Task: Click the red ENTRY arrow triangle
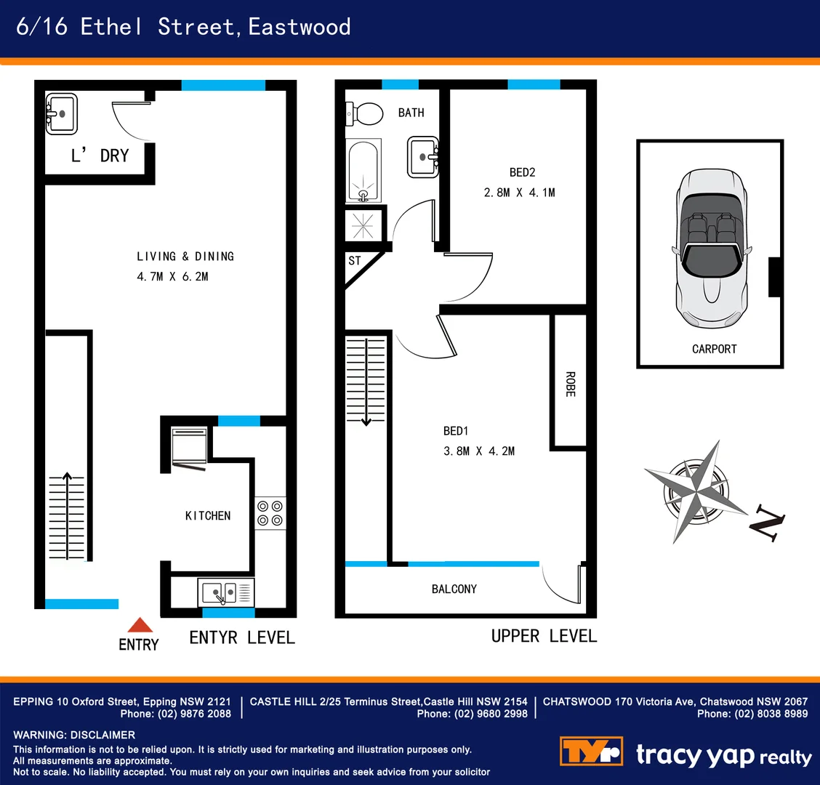(x=140, y=625)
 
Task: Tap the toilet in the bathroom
(x=366, y=113)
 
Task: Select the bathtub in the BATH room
(x=363, y=172)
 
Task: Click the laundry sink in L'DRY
(x=62, y=114)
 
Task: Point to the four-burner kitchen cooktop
(x=270, y=512)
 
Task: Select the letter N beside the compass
(x=767, y=524)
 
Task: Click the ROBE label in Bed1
(x=570, y=384)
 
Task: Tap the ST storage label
(x=355, y=261)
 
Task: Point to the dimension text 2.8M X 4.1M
(x=519, y=193)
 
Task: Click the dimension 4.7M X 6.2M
(x=172, y=276)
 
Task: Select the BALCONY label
(x=454, y=589)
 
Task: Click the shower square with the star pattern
(x=363, y=225)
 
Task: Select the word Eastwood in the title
(x=300, y=27)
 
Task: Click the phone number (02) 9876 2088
(x=194, y=714)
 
